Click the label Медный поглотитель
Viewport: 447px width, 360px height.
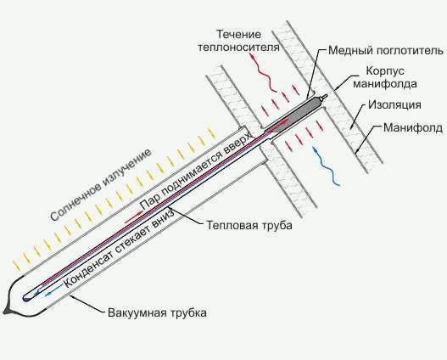tap(386, 51)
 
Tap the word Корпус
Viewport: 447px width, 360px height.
tap(385, 70)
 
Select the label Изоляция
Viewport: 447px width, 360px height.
tap(394, 104)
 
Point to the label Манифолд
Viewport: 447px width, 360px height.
tap(413, 127)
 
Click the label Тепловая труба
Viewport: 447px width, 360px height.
tap(249, 225)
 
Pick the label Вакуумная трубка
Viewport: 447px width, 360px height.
tap(158, 313)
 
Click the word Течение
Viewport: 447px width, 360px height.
tap(239, 34)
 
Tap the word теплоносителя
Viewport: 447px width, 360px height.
tap(238, 48)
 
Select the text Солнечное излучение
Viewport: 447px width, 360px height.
tap(100, 185)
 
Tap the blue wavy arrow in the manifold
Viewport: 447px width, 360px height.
tap(326, 166)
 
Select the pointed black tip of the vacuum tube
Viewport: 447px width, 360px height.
tap(6, 311)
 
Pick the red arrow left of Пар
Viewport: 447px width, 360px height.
tap(133, 216)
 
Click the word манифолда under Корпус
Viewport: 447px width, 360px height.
tap(385, 83)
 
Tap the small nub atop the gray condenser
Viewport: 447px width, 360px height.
tap(324, 97)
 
